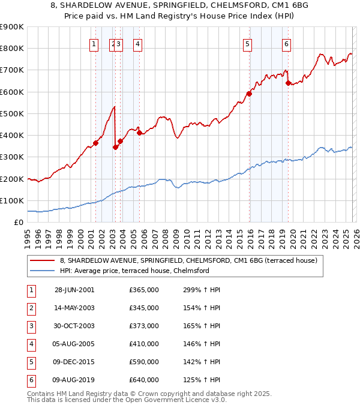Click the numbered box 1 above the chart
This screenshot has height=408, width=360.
tap(94, 43)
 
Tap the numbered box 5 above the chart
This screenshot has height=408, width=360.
tap(247, 43)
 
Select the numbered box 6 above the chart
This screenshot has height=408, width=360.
tap(287, 43)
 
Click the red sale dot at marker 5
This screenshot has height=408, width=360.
tap(249, 94)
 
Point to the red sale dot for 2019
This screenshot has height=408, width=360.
tap(288, 83)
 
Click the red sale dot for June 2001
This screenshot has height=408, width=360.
tap(96, 143)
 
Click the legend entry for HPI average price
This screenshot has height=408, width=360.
tap(134, 271)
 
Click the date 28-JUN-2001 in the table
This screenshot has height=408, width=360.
tap(74, 290)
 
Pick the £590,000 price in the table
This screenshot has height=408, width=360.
tap(144, 362)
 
